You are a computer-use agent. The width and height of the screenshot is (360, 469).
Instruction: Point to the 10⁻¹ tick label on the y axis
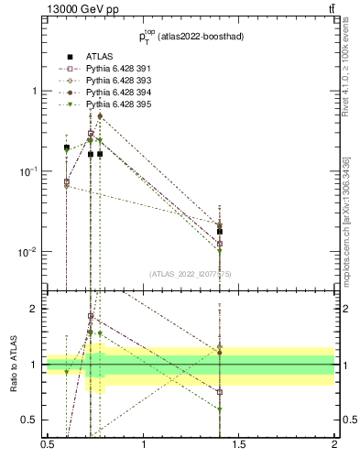click(x=27, y=171)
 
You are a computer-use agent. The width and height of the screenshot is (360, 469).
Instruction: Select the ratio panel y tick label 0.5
click(x=31, y=420)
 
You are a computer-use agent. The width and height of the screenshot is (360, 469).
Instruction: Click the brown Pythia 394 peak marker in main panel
click(x=100, y=116)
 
